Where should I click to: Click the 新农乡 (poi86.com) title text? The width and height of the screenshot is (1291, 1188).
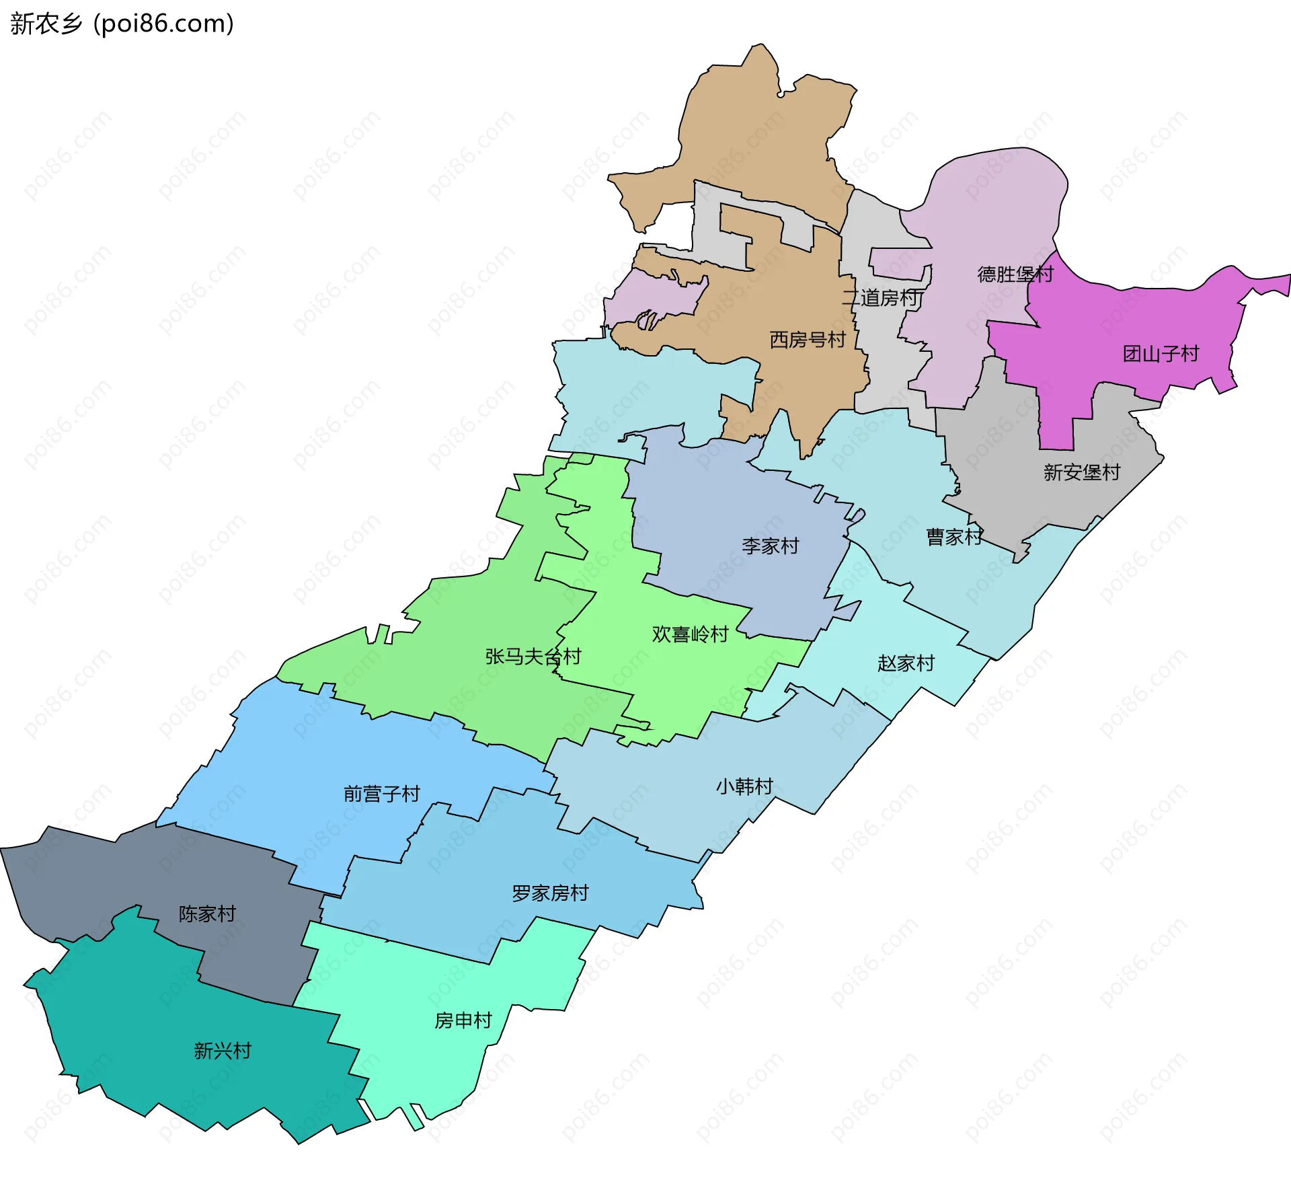coord(122,24)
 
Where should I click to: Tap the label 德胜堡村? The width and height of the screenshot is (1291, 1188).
coord(1015,274)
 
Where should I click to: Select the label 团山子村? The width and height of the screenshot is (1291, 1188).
coord(1161,354)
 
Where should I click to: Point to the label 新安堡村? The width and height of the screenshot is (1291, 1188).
coord(1081,472)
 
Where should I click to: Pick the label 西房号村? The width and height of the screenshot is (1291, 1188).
coord(807,340)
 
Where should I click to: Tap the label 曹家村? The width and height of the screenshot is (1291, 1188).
coord(953,537)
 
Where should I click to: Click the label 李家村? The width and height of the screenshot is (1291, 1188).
coord(770,546)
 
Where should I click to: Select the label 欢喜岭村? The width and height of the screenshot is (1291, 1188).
coord(690,634)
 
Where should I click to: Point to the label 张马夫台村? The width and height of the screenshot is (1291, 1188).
coord(533,657)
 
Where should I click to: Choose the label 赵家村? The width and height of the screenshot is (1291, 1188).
coord(906,663)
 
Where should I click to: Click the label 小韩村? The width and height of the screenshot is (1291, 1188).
coord(744,786)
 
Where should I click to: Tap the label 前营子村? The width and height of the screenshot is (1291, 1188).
coord(381,794)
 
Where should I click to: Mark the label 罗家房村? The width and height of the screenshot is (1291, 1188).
coord(550,893)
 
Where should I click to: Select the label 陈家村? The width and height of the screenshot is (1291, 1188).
coord(207,914)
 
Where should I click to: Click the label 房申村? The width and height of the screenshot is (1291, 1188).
coord(463,1020)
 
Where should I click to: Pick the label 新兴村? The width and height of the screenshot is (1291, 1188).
coord(223,1051)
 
